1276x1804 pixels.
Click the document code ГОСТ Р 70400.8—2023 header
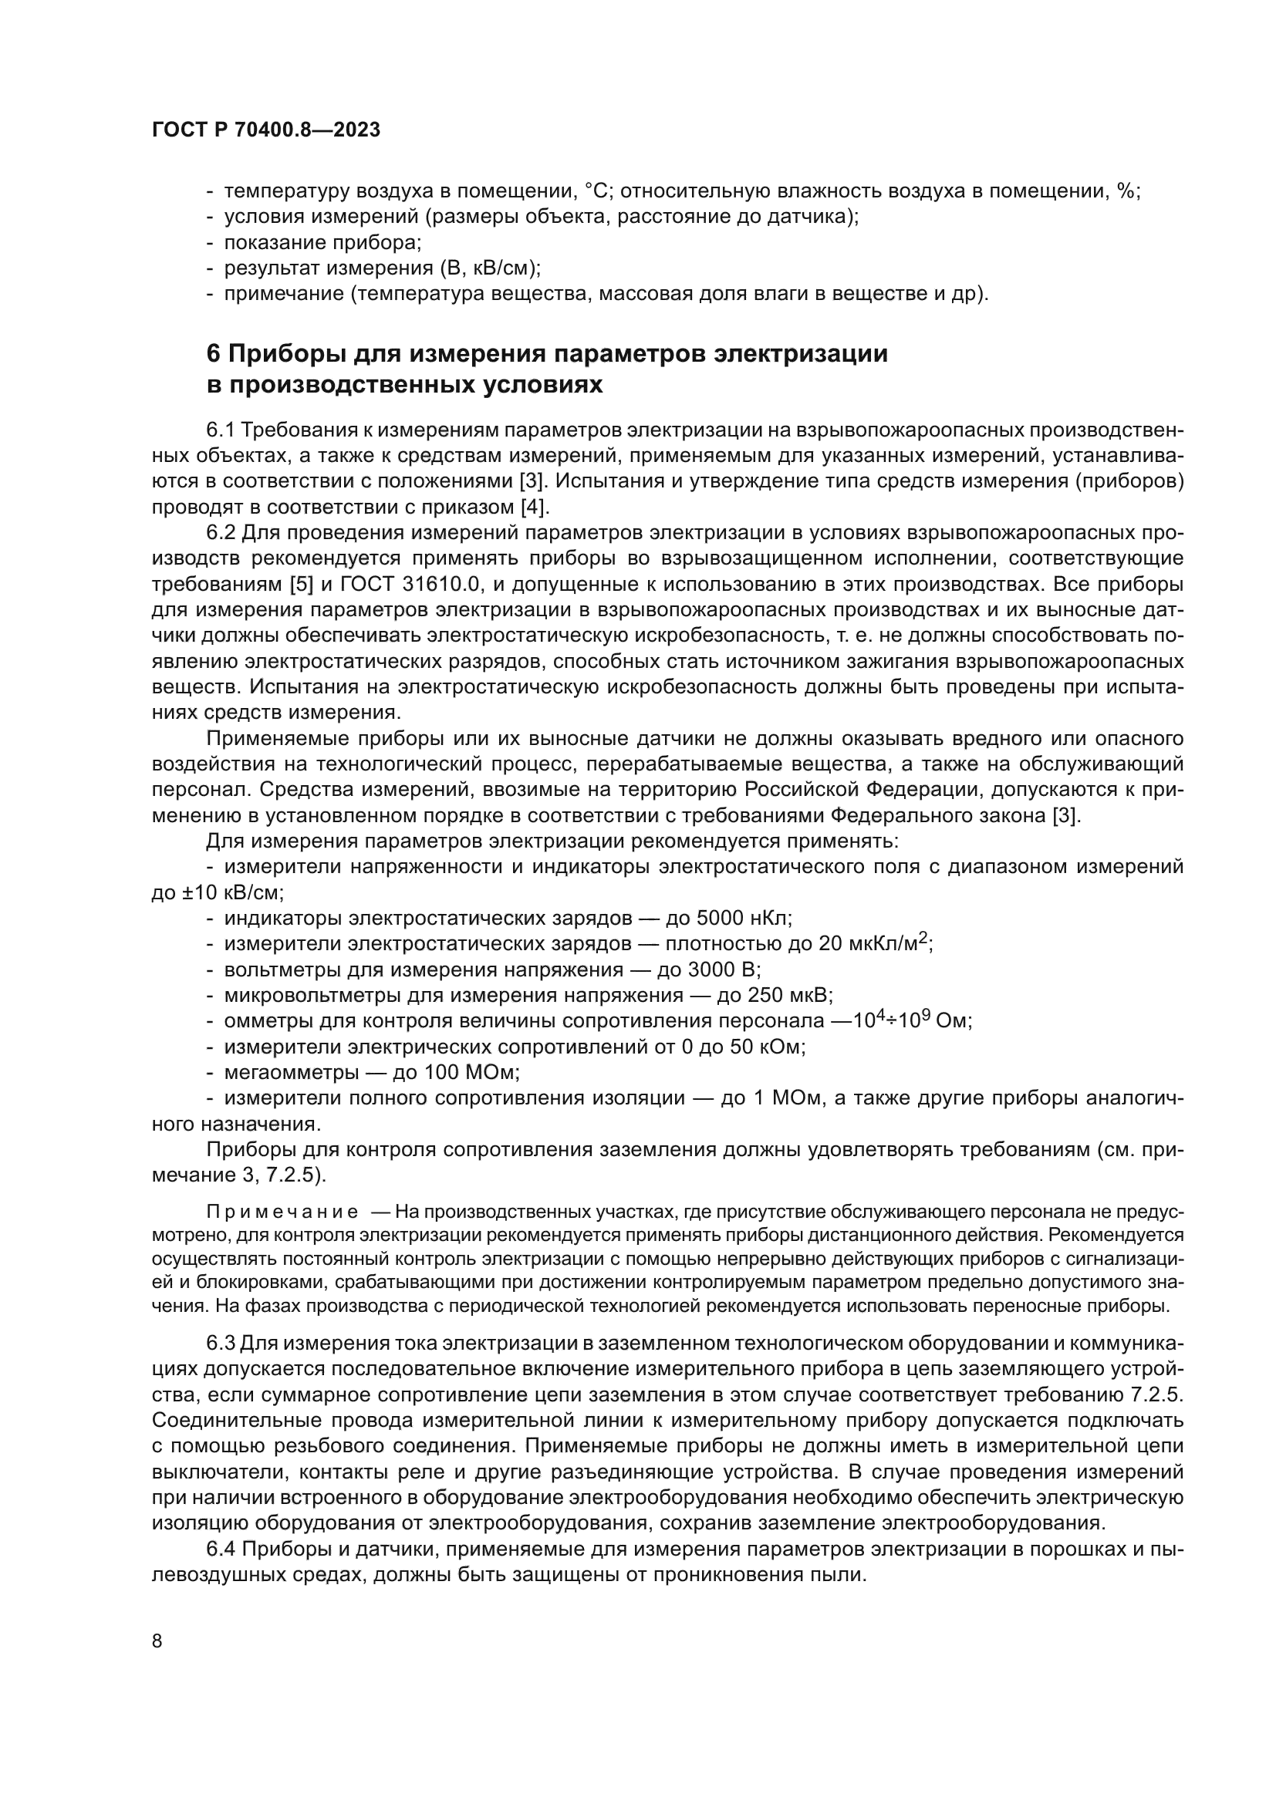tap(265, 130)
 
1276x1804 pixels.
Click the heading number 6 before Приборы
tap(214, 354)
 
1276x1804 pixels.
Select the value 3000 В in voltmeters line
tap(724, 969)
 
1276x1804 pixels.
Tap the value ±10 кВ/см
tap(217, 892)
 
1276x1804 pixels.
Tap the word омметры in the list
tap(268, 1021)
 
